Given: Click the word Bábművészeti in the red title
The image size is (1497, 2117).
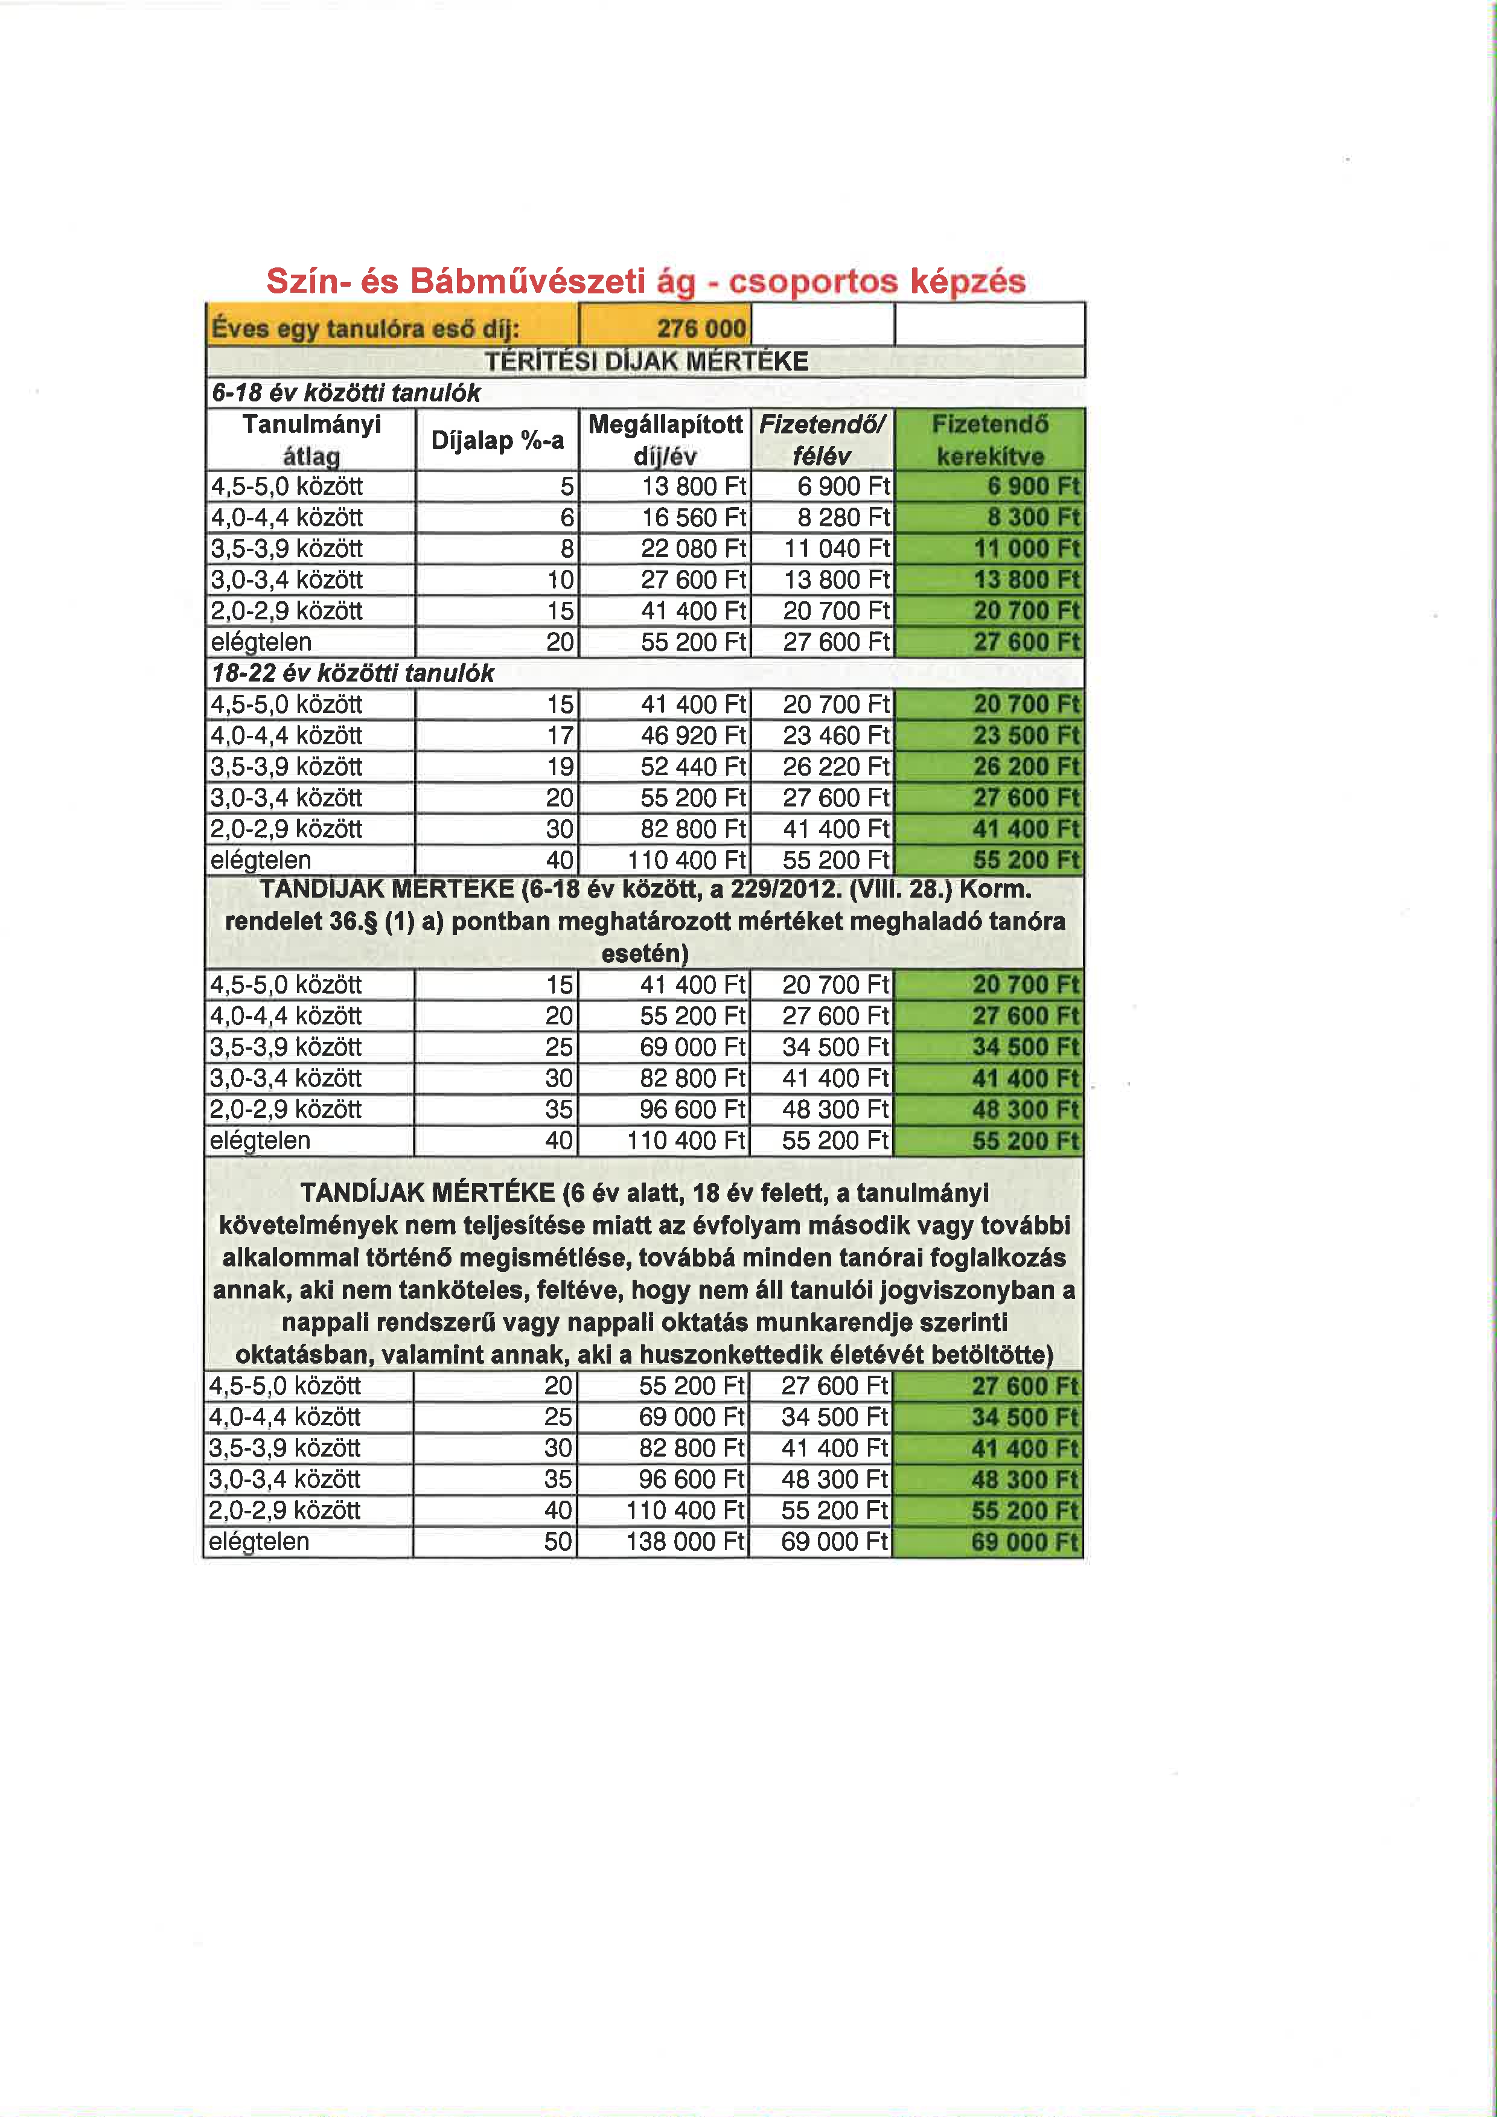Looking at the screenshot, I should (526, 281).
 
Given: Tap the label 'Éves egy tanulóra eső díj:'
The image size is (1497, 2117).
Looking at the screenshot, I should (365, 328).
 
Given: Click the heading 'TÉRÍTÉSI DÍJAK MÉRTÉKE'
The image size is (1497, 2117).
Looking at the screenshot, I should (646, 362).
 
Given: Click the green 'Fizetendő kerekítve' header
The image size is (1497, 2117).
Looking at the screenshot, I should (989, 440).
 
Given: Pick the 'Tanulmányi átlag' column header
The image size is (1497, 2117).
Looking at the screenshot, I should (311, 440).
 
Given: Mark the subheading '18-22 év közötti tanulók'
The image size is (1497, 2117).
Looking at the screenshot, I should (353, 674).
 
